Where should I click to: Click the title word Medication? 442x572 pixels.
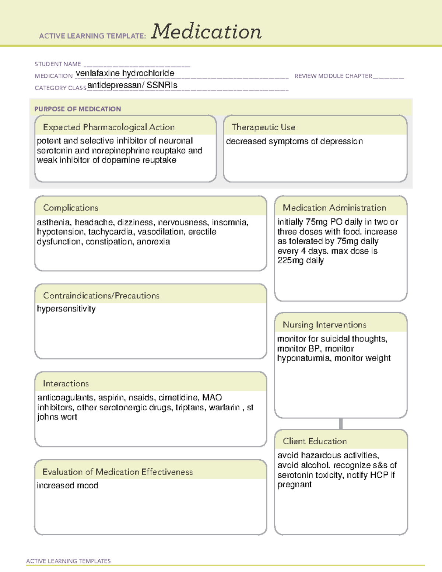click(x=206, y=32)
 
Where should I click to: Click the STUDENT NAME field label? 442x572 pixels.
click(x=58, y=64)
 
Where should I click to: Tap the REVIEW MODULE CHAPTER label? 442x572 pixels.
click(x=333, y=76)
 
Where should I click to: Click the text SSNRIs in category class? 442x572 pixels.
click(x=162, y=85)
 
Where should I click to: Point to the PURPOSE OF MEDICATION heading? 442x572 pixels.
click(x=77, y=109)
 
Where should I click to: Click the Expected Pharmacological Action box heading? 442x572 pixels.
click(x=109, y=127)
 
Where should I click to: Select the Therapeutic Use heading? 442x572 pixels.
click(x=263, y=127)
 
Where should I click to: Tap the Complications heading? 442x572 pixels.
click(x=70, y=208)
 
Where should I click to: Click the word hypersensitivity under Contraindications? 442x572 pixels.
click(x=66, y=309)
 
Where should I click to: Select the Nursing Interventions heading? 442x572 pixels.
click(x=325, y=325)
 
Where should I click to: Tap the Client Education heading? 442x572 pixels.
click(x=315, y=441)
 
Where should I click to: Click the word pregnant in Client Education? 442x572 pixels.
click(x=294, y=485)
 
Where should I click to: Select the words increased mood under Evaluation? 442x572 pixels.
click(x=67, y=485)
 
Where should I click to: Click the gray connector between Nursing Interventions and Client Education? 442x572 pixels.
click(x=341, y=424)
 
